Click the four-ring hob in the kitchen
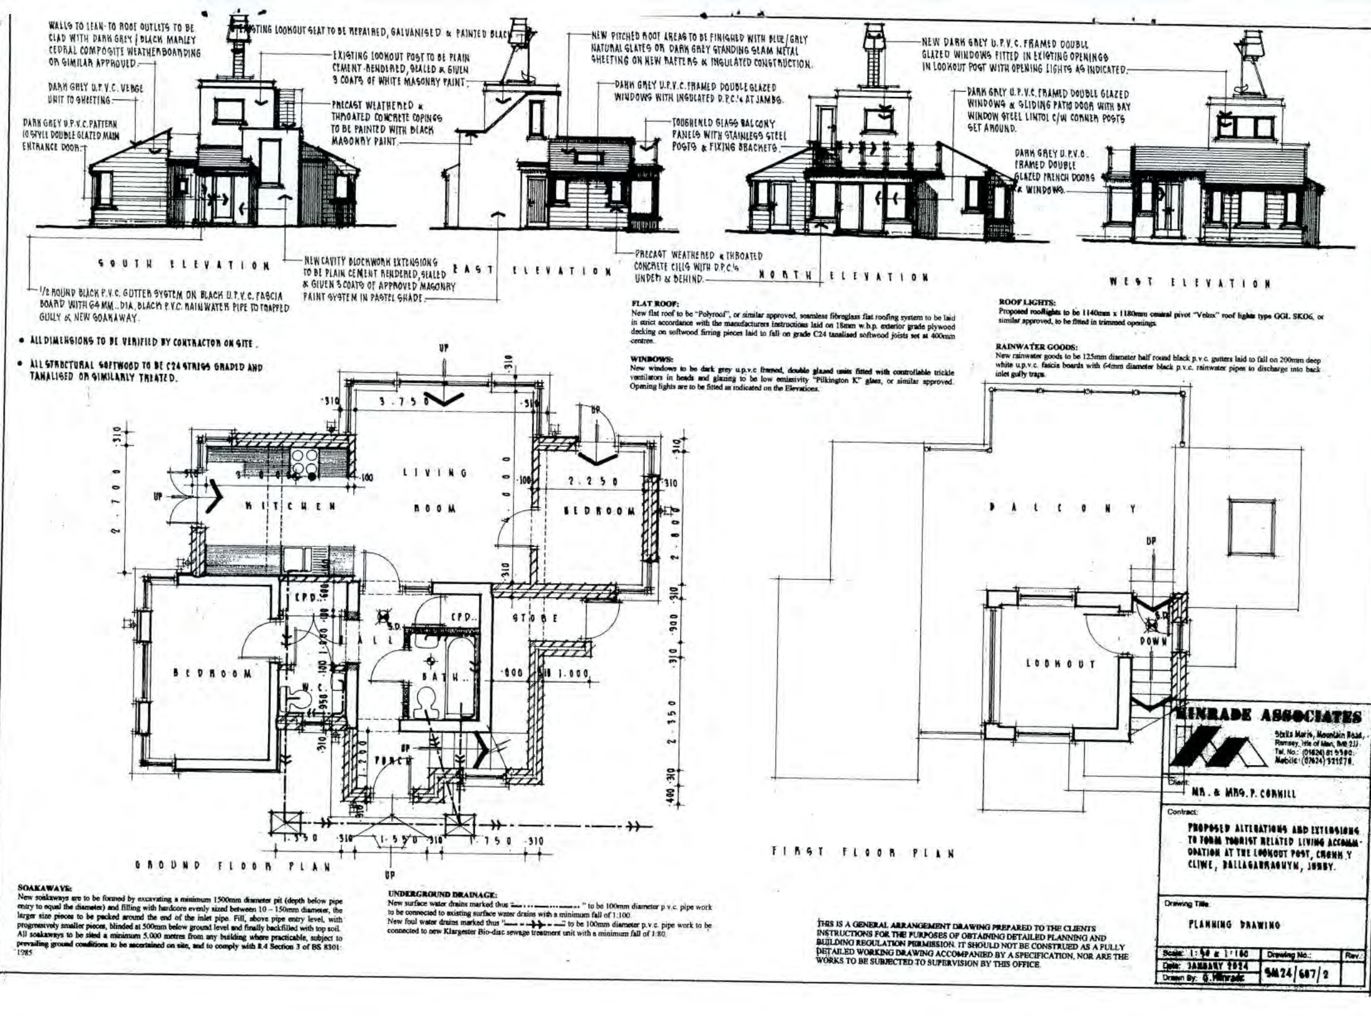coord(303,462)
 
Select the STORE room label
coord(535,618)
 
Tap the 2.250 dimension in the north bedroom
coord(593,481)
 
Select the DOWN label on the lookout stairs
coord(1153,642)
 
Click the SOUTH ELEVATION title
coord(184,265)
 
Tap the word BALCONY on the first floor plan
coord(1063,509)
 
